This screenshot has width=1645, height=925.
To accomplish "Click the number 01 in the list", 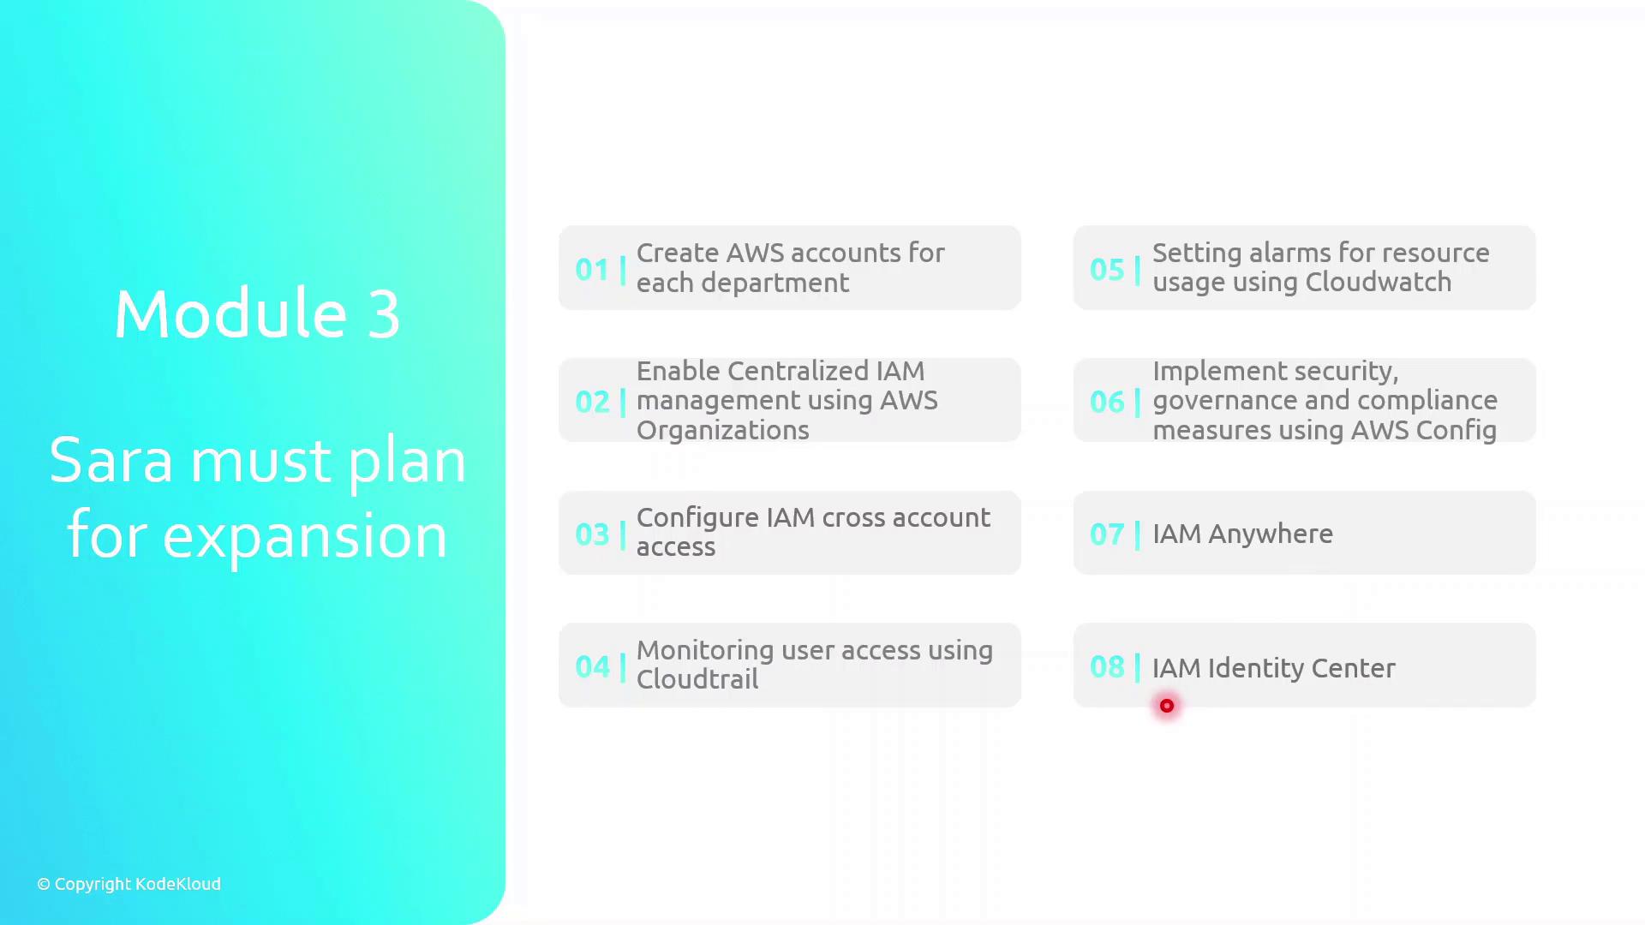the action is coord(591,269).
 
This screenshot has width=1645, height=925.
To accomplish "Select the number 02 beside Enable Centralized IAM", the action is coord(592,402).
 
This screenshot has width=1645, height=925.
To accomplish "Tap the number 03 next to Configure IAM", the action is coord(592,534).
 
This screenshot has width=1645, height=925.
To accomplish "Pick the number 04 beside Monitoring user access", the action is coord(592,666).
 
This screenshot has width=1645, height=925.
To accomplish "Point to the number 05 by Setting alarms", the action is coord(1107,269).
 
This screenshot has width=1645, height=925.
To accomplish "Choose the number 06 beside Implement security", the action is coord(1107,402).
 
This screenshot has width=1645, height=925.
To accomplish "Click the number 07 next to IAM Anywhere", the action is coord(1107,534).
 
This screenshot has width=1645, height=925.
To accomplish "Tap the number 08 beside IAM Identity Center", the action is coord(1107,666).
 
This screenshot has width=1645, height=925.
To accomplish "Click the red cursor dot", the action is coord(1167,706).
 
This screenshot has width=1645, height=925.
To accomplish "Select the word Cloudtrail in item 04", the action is coord(697,679).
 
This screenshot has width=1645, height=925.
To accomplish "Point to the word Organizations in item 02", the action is coord(723,431).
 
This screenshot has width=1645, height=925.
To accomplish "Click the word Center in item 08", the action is coord(1353,668).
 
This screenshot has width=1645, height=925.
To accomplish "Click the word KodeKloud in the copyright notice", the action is coord(178,884).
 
